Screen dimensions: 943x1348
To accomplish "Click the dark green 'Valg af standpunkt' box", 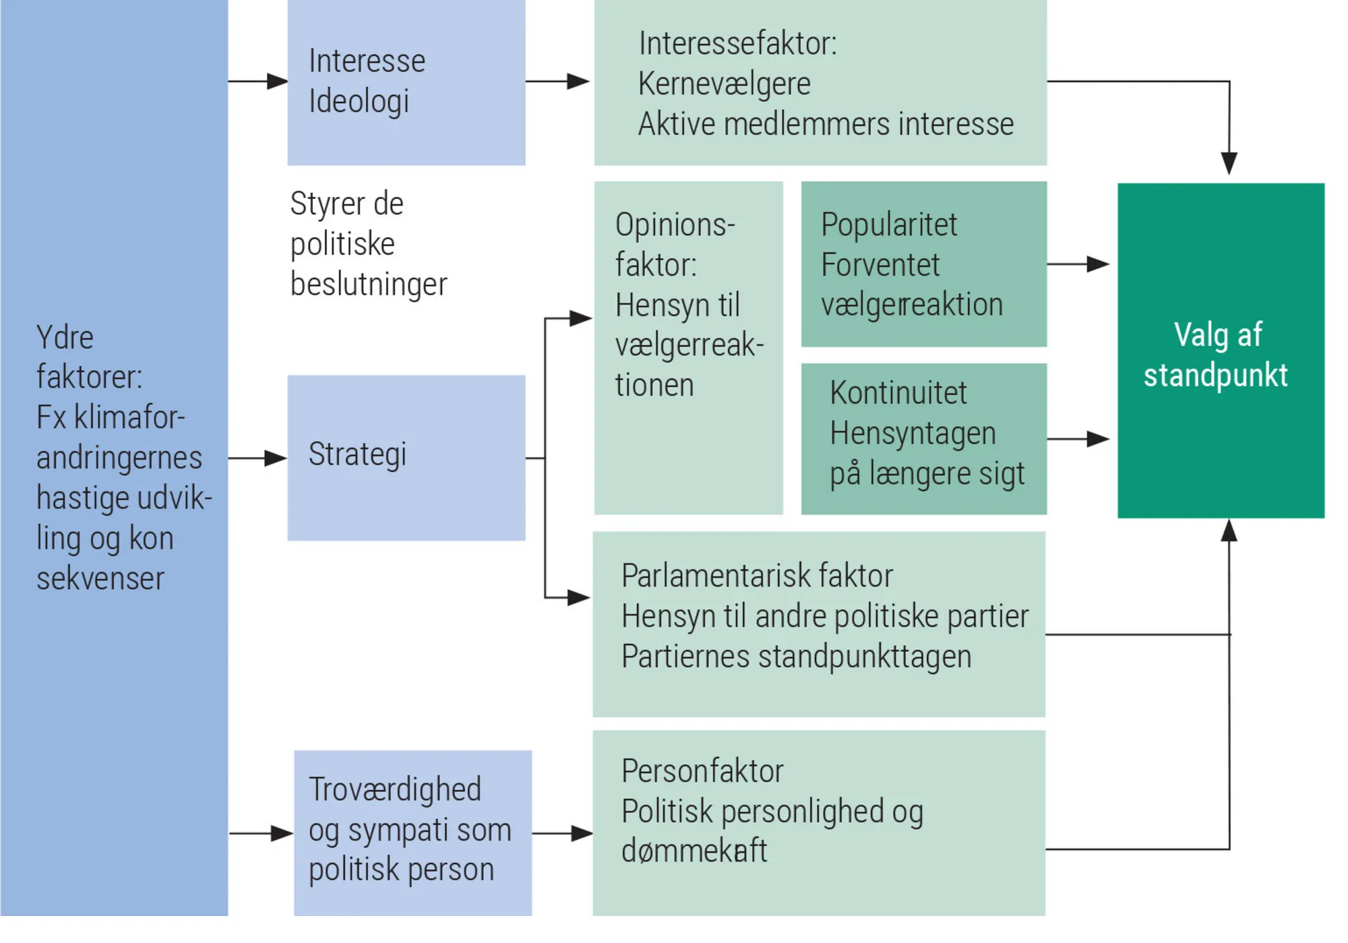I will tap(1220, 351).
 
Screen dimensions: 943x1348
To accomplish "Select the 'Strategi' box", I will tap(406, 457).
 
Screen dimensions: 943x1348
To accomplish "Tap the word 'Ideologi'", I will tap(359, 102).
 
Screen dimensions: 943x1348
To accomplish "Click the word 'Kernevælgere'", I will tap(724, 84).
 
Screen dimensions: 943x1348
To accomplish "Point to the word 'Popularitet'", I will tap(888, 224).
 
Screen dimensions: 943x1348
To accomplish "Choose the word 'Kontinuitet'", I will tap(898, 393).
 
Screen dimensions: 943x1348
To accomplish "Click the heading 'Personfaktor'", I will tap(702, 771).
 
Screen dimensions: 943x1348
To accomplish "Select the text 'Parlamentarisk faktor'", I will tap(756, 576).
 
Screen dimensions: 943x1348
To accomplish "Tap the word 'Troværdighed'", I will tap(395, 789).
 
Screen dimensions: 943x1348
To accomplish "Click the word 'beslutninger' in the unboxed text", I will tap(368, 284).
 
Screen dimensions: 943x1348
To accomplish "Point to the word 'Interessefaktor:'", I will tap(737, 44).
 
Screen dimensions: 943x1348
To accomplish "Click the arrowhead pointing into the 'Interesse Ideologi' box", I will tap(277, 82).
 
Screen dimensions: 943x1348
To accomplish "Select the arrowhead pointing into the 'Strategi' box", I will tap(276, 458).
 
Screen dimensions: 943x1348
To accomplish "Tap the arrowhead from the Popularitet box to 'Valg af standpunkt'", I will tap(1099, 264).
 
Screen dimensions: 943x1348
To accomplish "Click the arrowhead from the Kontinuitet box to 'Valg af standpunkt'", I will tap(1099, 439).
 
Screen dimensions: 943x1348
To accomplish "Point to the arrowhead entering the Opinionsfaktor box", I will tap(580, 318).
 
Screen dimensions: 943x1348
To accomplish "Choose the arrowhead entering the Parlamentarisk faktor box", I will tap(579, 597).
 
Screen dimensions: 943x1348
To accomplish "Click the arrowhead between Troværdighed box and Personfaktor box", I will tap(582, 834).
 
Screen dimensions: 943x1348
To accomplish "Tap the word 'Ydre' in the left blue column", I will tap(65, 338).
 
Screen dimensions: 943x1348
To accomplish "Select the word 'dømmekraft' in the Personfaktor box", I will tap(694, 851).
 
